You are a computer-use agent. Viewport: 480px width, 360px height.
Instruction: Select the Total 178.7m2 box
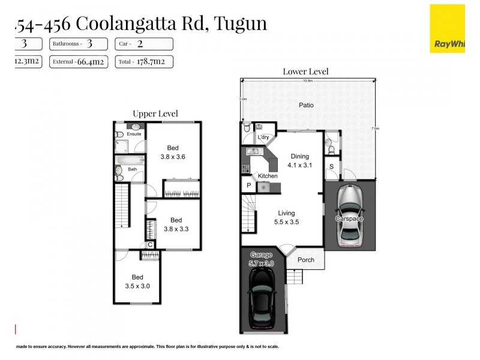[146, 61]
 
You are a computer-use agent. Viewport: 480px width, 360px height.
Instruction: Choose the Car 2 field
[146, 44]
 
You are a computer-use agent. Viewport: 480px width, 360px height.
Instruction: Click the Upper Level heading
[155, 113]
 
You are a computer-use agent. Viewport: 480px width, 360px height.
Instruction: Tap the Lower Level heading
[305, 72]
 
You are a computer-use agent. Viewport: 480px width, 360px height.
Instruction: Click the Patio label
[307, 105]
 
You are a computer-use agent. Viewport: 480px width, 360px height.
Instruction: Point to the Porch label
[305, 260]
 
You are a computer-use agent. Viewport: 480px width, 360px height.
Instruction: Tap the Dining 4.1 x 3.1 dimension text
[300, 164]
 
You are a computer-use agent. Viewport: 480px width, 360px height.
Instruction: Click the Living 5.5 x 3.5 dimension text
[286, 221]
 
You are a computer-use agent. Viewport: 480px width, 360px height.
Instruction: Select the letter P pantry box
[248, 187]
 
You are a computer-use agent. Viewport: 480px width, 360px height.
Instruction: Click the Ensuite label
[134, 134]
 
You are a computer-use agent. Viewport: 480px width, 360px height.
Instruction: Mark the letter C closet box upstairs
[149, 244]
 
